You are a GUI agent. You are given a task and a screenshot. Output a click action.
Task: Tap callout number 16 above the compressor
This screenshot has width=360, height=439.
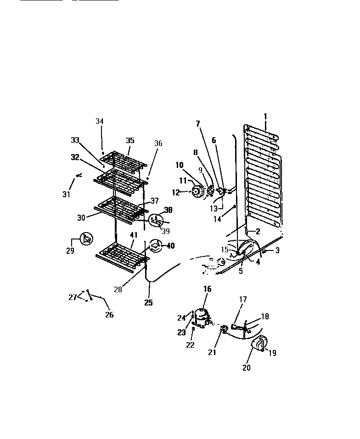click(x=208, y=289)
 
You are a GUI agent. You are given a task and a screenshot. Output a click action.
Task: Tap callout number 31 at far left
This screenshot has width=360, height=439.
click(x=67, y=194)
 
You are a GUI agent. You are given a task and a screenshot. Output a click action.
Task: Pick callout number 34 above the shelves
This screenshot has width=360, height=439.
click(x=100, y=122)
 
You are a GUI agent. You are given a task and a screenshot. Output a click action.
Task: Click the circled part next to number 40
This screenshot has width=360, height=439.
click(x=156, y=246)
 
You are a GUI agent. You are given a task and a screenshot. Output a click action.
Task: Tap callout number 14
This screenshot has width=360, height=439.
click(x=217, y=219)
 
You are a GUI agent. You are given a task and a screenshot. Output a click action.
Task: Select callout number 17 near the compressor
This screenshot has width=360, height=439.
click(x=243, y=300)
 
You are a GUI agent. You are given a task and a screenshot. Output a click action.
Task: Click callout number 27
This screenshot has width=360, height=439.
click(x=72, y=297)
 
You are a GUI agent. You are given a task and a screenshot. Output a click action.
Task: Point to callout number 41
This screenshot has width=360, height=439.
click(x=134, y=235)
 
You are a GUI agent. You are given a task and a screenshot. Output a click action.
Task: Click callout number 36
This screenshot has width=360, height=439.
click(x=158, y=143)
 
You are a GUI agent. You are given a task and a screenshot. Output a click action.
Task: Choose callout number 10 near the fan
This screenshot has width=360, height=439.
click(x=179, y=165)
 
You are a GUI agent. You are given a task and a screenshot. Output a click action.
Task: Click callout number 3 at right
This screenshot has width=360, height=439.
click(x=277, y=250)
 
